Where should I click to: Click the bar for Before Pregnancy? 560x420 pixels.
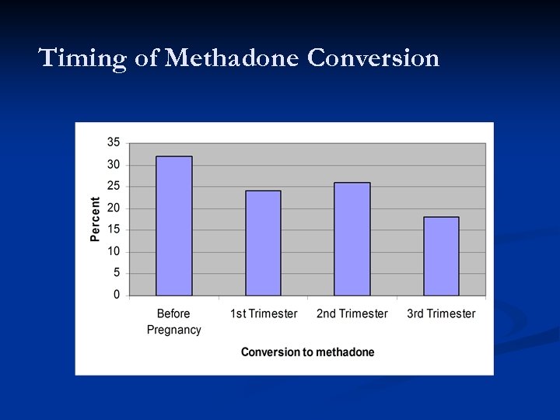click(173, 226)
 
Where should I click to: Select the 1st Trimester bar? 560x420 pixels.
click(263, 243)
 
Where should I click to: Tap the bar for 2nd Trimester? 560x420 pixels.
click(352, 239)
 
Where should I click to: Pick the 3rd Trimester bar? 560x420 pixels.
click(441, 256)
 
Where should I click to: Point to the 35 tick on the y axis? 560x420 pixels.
click(114, 142)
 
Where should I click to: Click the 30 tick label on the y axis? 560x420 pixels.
click(114, 164)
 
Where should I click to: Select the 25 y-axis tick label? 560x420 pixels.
click(114, 186)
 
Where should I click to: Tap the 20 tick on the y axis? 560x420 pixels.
click(114, 208)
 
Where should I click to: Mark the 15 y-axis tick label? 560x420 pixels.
click(114, 229)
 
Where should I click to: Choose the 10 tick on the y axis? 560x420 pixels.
click(114, 251)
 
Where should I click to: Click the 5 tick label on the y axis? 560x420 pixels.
click(117, 273)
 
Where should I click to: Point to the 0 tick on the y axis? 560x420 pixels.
click(117, 295)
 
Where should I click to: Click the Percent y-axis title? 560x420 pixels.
click(95, 219)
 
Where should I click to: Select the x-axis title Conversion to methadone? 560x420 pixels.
click(307, 352)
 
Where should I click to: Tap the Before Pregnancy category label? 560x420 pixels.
click(173, 321)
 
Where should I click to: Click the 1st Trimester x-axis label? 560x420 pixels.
click(264, 313)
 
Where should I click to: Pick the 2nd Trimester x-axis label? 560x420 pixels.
click(352, 313)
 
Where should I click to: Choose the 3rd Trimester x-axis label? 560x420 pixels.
click(441, 313)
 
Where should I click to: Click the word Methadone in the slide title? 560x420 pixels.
click(233, 58)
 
